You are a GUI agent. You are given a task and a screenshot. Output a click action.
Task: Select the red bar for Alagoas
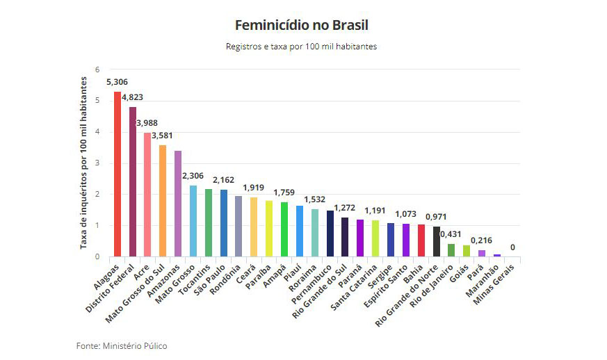point(118,174)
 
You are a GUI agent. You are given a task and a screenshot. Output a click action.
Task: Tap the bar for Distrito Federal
point(133,181)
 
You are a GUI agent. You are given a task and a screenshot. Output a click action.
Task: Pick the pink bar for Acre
point(147,195)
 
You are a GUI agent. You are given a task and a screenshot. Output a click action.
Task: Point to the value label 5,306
point(117,82)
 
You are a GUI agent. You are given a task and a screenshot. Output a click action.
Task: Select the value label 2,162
point(224,179)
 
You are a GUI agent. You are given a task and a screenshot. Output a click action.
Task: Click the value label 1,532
point(314,199)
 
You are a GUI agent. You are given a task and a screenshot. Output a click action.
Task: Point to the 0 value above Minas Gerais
point(513,247)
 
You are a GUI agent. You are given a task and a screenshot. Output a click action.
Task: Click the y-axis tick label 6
point(98,69)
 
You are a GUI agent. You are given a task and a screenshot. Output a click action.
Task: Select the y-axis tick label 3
point(98,163)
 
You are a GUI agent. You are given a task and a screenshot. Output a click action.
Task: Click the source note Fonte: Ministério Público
point(122,345)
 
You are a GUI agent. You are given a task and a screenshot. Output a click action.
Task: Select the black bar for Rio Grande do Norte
point(436,241)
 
